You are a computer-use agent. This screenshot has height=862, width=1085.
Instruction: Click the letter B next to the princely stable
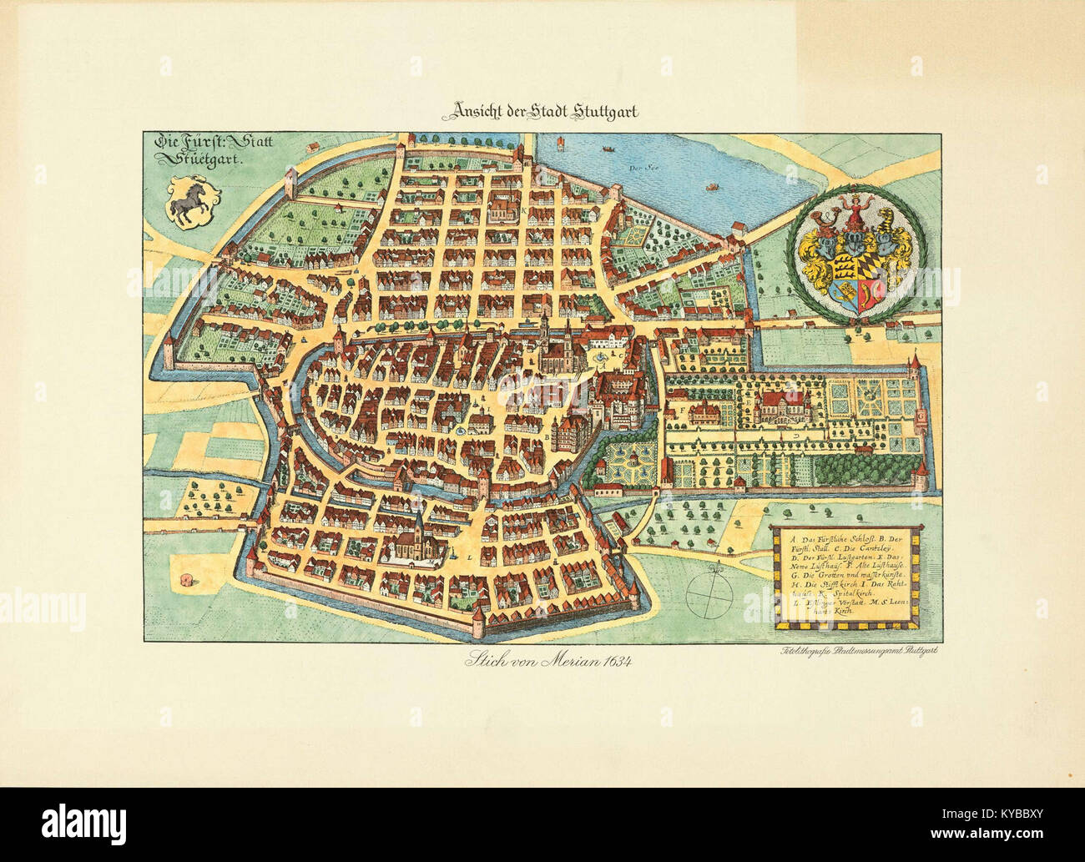(x=547, y=436)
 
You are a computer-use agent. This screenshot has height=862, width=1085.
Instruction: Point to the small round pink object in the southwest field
(x=184, y=579)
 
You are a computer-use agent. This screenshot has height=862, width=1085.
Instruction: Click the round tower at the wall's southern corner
(x=477, y=620)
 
